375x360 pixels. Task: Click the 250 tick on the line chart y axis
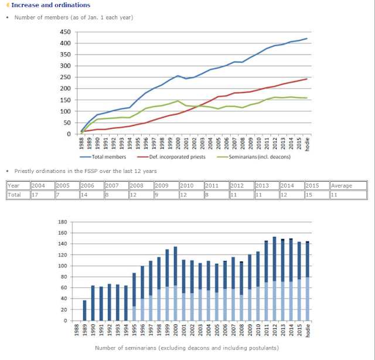click(64, 77)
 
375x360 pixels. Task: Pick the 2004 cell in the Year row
click(38, 186)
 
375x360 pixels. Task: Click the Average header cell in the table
click(342, 186)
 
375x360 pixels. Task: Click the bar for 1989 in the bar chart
click(84, 310)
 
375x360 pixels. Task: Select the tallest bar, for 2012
click(274, 279)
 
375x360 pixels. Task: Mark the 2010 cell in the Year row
click(187, 186)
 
